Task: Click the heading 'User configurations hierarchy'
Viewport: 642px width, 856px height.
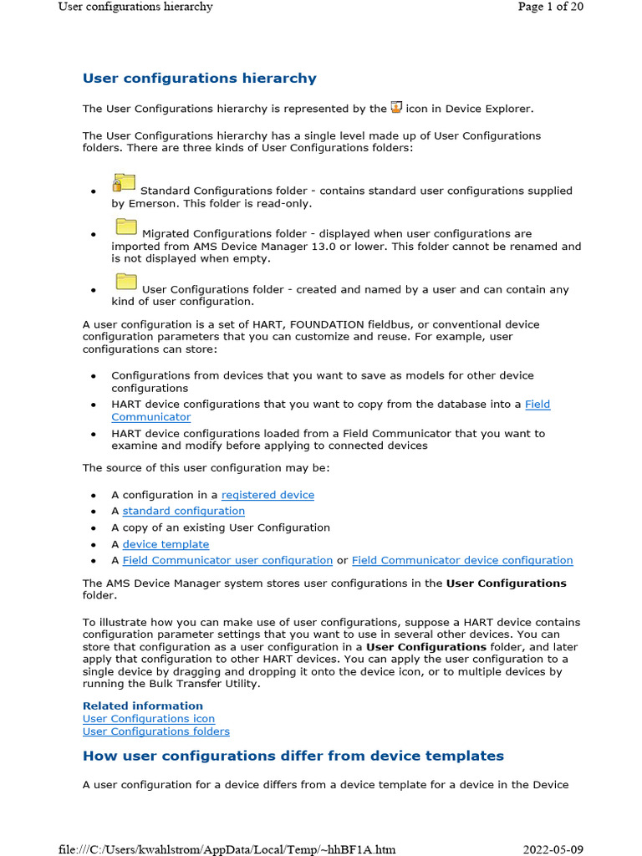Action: (199, 79)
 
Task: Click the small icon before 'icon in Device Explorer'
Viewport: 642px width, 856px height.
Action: (396, 107)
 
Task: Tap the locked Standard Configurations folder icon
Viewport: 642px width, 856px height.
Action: (124, 182)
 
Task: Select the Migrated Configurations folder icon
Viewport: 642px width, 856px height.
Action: (125, 226)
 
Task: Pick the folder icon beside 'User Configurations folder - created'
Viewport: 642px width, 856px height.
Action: (125, 281)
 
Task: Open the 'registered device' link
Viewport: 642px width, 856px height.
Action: (267, 495)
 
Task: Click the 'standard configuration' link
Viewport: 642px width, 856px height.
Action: (183, 511)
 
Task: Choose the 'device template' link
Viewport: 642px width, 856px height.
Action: (166, 544)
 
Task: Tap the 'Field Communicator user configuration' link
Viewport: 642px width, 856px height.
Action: (227, 560)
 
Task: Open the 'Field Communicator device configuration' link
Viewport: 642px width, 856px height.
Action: (462, 560)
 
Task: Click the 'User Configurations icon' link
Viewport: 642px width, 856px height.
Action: (148, 719)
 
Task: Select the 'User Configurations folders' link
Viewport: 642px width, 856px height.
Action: (155, 731)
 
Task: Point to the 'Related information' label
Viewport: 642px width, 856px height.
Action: (142, 706)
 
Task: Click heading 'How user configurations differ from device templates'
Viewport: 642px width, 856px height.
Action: (293, 757)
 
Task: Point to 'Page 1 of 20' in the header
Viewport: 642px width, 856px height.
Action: (550, 7)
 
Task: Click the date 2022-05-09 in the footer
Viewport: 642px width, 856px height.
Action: (553, 849)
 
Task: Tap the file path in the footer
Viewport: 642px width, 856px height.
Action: (227, 849)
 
